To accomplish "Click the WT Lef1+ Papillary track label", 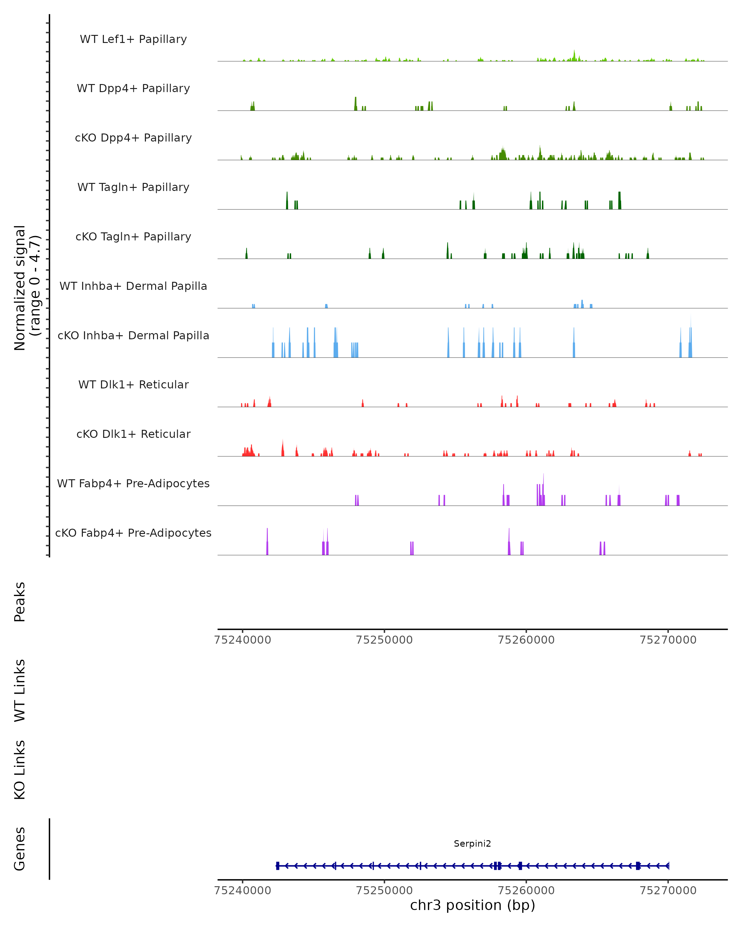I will (133, 39).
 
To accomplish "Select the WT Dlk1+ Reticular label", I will (133, 384).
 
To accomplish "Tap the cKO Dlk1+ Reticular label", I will (133, 434).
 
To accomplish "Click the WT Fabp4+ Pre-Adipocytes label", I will (133, 483).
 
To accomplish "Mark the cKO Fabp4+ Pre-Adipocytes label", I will (133, 533).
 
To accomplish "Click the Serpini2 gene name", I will (472, 844).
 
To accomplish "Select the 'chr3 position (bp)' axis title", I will (472, 905).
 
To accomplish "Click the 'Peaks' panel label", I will (20, 602).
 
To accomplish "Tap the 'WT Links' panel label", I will (20, 690).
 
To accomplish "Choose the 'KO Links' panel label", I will (20, 770).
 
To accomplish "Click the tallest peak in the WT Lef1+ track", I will (574, 54).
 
